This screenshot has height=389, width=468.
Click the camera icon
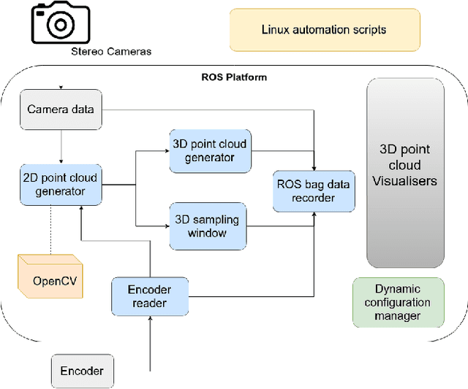tap(60, 24)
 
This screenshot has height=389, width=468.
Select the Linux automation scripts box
tap(324, 30)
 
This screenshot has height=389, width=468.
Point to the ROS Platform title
tap(233, 77)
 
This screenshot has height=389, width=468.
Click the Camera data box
tap(60, 109)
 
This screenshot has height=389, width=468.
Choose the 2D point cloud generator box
tap(60, 185)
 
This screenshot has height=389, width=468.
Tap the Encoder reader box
tap(149, 296)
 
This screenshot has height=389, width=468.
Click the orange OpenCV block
tap(48, 278)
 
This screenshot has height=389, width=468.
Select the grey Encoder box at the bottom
tap(81, 371)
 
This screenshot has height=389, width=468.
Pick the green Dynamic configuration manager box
tap(398, 302)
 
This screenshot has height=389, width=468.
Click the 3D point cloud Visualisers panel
tap(404, 172)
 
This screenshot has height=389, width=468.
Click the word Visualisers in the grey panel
tap(404, 180)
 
